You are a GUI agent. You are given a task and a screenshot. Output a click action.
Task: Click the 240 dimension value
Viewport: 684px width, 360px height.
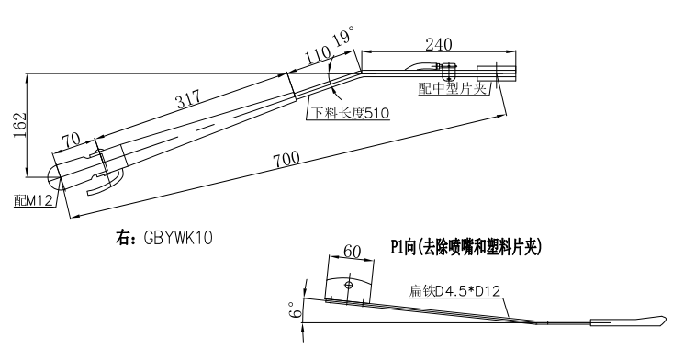(x=438, y=43)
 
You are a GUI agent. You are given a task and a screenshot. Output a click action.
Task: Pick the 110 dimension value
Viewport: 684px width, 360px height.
(x=316, y=57)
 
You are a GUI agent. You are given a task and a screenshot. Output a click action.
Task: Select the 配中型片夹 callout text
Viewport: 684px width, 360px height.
(x=454, y=87)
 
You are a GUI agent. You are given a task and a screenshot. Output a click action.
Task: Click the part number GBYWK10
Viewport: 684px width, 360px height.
(x=177, y=236)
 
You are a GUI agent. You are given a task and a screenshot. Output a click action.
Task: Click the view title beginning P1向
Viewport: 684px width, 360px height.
(x=468, y=246)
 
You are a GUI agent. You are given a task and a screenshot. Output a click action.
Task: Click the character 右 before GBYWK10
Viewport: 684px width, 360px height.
(x=119, y=236)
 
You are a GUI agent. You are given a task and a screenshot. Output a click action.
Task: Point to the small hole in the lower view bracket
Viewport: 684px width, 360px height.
(x=349, y=285)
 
